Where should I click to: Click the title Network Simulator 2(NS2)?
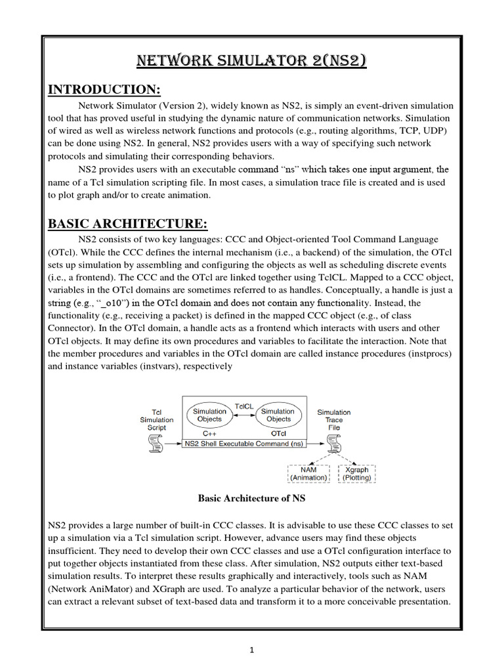[x=251, y=62]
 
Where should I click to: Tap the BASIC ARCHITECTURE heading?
[x=128, y=224]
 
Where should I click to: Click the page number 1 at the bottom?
[x=251, y=651]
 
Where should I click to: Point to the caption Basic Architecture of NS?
[x=251, y=498]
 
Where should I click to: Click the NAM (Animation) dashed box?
[x=308, y=473]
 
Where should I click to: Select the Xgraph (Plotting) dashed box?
[x=356, y=473]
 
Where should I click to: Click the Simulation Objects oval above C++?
[x=209, y=415]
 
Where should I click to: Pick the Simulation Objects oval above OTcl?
[x=278, y=415]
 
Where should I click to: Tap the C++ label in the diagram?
[x=209, y=434]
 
